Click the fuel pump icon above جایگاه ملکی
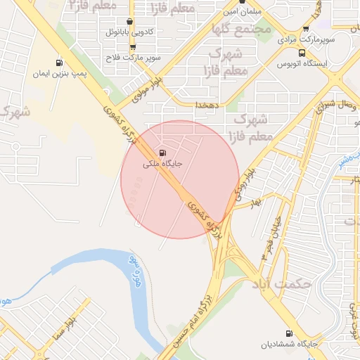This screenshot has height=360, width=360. pos(164,153)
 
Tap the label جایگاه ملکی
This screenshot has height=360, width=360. pos(163,164)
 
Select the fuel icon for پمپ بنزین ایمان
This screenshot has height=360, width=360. pos(58,63)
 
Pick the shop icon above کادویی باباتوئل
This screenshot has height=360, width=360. pos(129,22)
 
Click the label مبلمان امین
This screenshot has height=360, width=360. pos(243,12)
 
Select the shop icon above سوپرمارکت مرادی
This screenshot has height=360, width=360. pos(305,29)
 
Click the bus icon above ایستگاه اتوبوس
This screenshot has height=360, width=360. pos(302,53)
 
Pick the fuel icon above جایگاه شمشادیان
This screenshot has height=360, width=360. pos(288,333)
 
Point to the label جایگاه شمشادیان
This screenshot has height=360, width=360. pos(285,345)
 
